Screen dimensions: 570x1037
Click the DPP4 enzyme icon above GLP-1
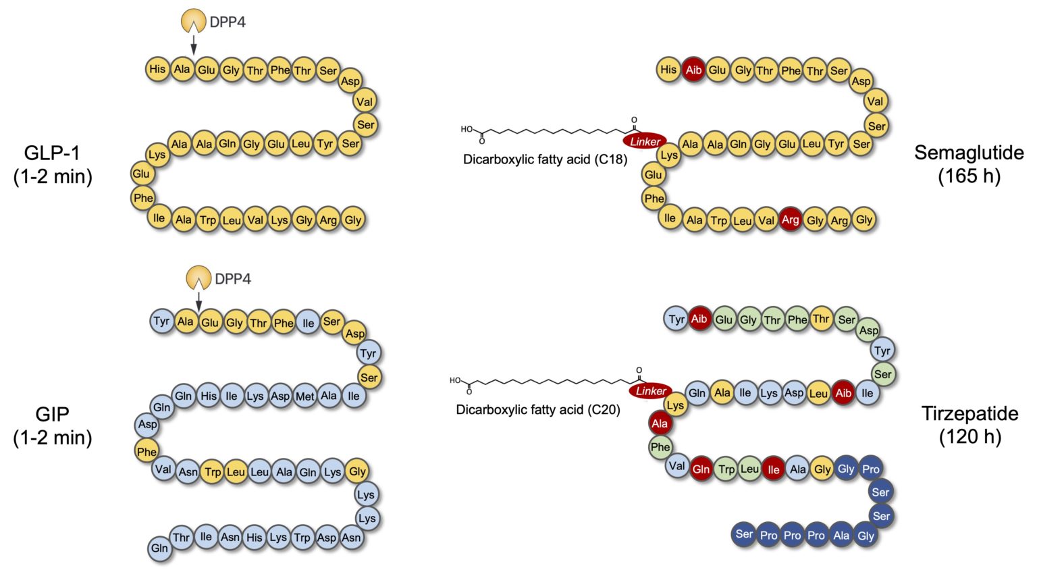pos(194,21)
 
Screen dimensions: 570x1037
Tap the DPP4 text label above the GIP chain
pos(233,279)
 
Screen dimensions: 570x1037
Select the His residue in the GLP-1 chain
pos(157,68)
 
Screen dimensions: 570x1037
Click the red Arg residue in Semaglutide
pos(790,219)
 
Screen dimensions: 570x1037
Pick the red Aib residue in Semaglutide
pos(693,70)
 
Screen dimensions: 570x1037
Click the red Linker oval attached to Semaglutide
pos(645,141)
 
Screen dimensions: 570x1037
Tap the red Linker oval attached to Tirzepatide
pos(651,391)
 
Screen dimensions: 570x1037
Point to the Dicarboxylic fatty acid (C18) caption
pos(545,160)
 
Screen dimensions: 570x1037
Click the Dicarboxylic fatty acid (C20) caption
pos(538,410)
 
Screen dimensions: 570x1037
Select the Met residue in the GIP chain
pos(304,396)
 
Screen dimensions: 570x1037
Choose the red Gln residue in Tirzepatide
pos(701,469)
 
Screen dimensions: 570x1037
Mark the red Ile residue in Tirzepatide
pos(773,469)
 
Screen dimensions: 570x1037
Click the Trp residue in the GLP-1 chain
pos(207,219)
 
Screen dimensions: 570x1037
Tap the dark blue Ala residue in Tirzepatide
pos(841,535)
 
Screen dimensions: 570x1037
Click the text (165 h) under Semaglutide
pos(968,176)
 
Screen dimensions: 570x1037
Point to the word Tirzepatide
pos(969,413)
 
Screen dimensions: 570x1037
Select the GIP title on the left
pos(52,414)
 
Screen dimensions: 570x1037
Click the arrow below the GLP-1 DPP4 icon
pos(194,46)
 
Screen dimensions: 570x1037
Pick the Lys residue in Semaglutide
pos(668,155)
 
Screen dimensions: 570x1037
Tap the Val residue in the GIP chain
pos(163,469)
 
